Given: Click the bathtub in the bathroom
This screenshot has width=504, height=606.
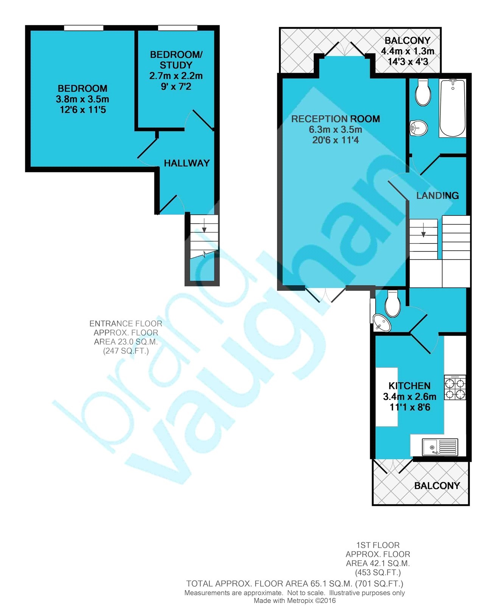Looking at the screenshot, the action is (452, 108).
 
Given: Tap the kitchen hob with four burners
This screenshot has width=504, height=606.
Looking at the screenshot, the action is (455, 387).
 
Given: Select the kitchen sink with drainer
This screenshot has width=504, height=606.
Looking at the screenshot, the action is (440, 447).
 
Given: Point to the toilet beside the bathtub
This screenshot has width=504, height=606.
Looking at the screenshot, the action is (423, 92).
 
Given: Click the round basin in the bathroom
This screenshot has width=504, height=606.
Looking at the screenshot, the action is (419, 128).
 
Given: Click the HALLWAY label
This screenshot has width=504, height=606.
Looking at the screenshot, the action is (187, 163).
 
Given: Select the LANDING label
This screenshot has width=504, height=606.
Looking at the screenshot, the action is (437, 195).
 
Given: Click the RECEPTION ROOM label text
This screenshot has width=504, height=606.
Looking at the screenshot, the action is (335, 119).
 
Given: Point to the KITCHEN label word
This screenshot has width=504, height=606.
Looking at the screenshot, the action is (409, 386).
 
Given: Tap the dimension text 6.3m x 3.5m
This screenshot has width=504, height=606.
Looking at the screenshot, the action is (335, 130).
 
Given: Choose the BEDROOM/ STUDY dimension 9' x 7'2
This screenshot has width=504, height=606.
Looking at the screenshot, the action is (176, 87).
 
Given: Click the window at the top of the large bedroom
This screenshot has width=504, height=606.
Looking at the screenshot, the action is (84, 28).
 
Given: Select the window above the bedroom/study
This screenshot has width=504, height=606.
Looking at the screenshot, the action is (177, 28).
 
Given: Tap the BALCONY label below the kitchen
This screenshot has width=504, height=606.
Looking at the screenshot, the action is (437, 486).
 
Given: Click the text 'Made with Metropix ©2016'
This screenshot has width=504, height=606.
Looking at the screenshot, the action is (295, 601).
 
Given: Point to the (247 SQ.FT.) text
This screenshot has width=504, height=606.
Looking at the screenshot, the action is (126, 351).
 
